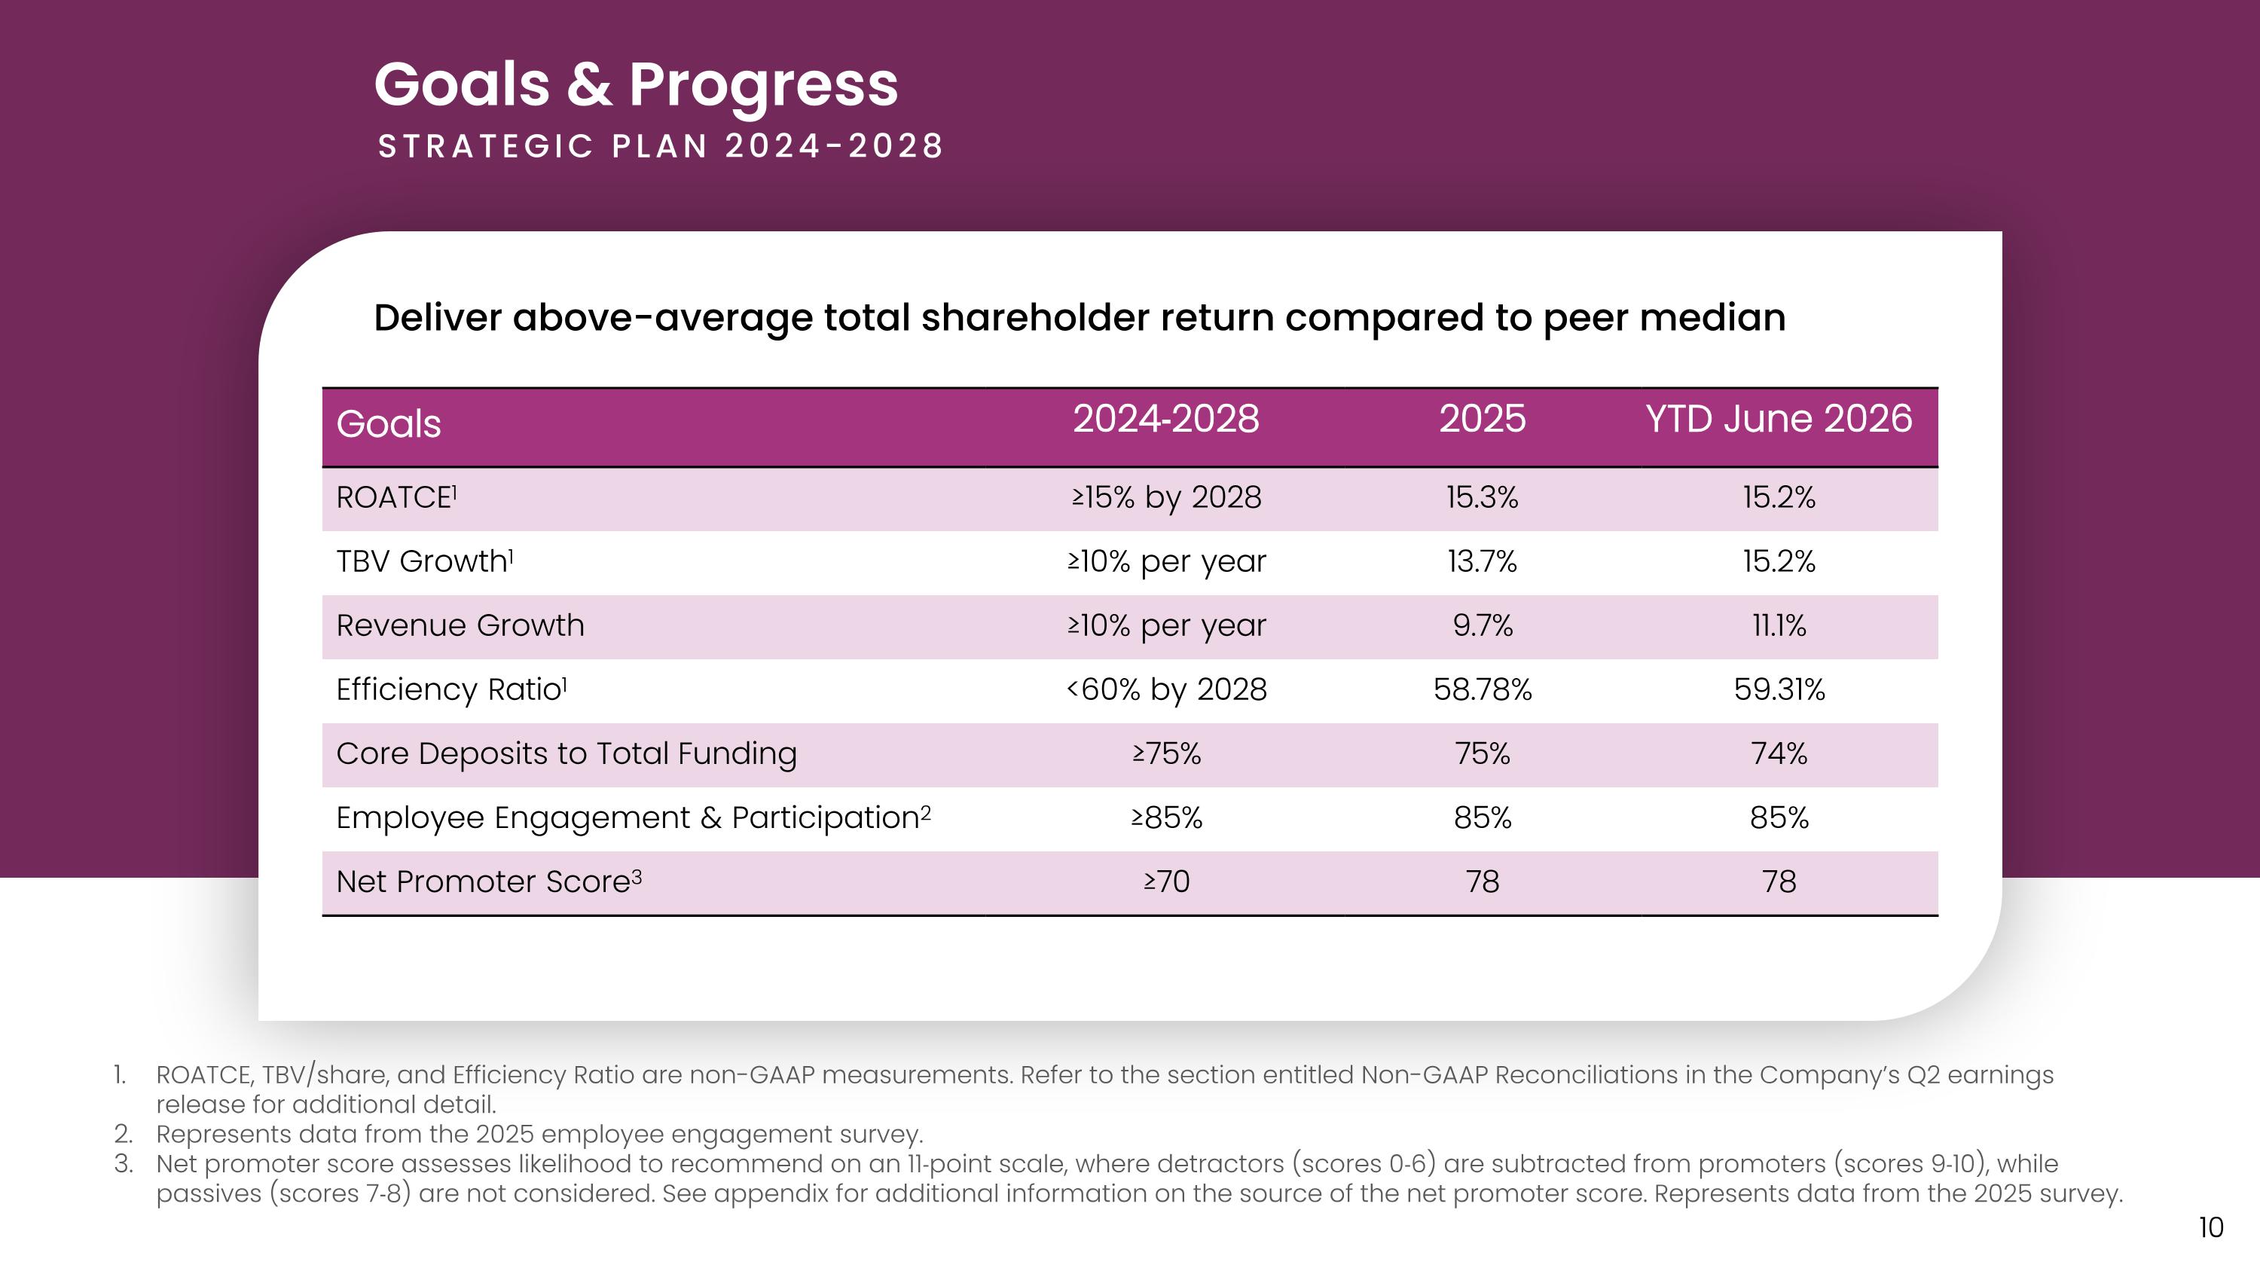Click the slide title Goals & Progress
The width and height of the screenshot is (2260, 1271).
click(636, 86)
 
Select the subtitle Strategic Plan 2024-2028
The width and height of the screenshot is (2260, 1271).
click(661, 145)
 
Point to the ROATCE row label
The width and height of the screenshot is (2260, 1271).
click(396, 496)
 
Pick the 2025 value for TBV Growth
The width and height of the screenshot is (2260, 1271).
click(1482, 561)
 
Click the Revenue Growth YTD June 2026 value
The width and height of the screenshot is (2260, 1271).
click(1779, 625)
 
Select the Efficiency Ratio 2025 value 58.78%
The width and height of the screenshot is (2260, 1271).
click(1482, 689)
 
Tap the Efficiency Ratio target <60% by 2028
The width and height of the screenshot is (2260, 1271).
click(1166, 689)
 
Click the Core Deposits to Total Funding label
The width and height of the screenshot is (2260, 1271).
click(567, 753)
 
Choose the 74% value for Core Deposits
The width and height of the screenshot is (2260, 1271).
click(1779, 753)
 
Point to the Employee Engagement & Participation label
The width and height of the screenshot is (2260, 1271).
click(634, 817)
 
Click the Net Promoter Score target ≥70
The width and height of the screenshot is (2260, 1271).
click(1166, 881)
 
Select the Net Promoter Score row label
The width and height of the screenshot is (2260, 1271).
click(489, 881)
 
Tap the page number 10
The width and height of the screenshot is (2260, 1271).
click(2211, 1227)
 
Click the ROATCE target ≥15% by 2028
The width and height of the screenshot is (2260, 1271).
click(1166, 497)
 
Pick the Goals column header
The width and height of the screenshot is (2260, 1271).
click(389, 423)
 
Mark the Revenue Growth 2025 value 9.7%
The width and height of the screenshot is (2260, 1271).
click(1482, 625)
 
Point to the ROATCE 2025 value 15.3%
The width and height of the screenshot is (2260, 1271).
click(1482, 496)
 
